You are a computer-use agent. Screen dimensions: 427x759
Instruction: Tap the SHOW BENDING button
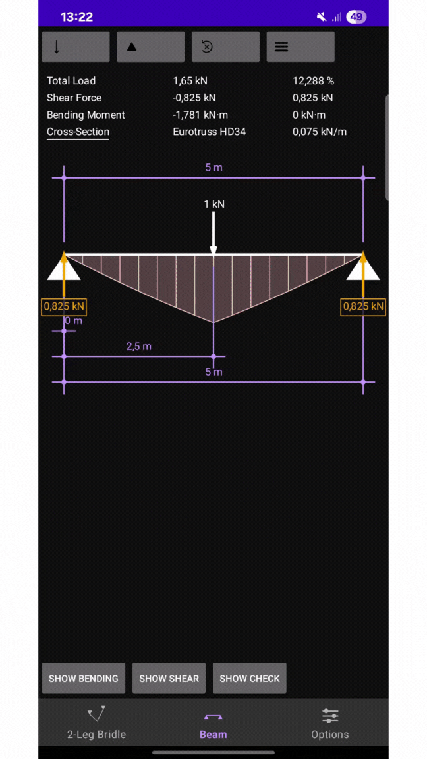tap(83, 678)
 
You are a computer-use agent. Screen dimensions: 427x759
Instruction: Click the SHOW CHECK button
tap(249, 678)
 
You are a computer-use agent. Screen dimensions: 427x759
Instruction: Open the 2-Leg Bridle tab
tap(96, 723)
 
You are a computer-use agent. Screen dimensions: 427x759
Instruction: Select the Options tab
tap(329, 723)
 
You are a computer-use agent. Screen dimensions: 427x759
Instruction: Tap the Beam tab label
tap(213, 735)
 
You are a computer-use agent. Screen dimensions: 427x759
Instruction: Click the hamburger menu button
tap(300, 47)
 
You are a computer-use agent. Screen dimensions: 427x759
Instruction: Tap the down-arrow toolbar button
tap(76, 47)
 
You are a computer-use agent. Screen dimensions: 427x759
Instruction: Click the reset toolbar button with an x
tap(225, 47)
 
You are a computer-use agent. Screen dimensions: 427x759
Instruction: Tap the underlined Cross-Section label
tap(78, 132)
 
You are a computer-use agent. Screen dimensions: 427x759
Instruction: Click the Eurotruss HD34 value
tap(209, 132)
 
